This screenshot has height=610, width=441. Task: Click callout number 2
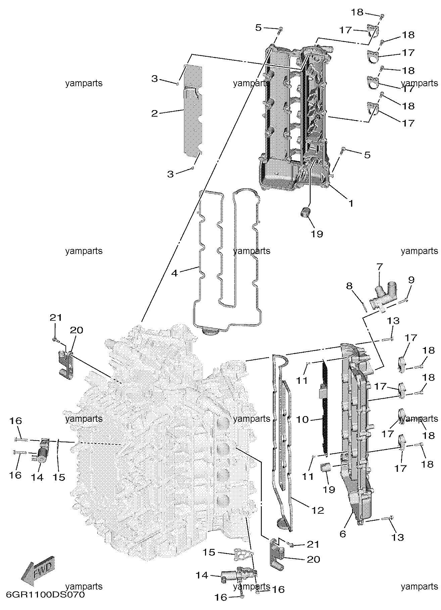point(154,114)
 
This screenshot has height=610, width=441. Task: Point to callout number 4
point(175,273)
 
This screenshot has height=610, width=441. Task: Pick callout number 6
point(343,534)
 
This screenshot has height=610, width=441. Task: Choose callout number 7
point(380,267)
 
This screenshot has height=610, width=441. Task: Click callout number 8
point(350,286)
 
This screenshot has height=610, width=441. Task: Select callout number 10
point(303,419)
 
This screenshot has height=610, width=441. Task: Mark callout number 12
point(318,510)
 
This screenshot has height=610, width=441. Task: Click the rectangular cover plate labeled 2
point(193,111)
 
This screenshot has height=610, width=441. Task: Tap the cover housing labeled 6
point(356,436)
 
